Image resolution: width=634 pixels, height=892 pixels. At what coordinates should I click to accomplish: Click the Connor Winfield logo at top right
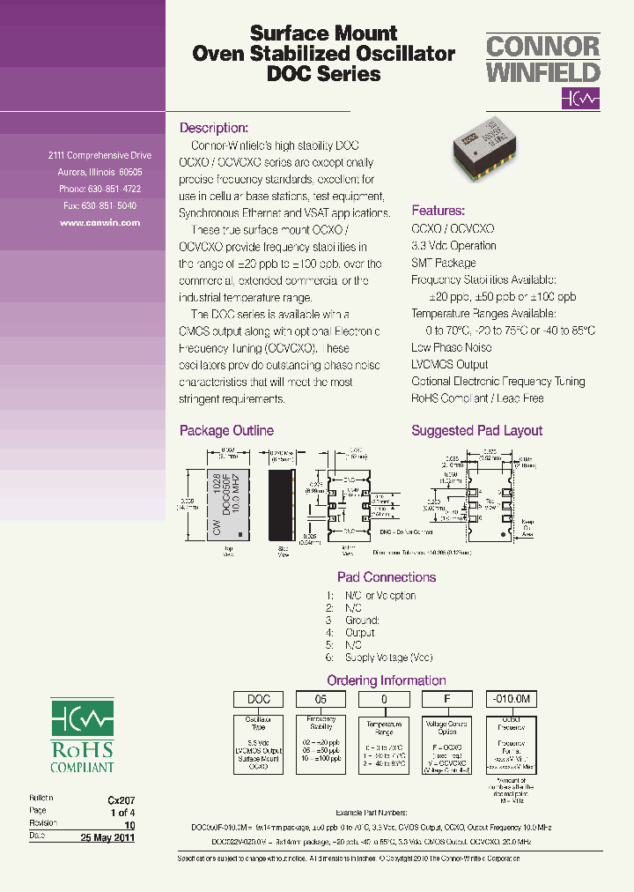[x=542, y=71]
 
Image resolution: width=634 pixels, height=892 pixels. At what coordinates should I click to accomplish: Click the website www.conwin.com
[x=100, y=223]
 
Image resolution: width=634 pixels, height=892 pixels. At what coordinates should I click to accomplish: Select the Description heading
[x=214, y=127]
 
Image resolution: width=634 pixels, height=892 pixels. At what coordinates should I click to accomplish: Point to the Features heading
[x=438, y=211]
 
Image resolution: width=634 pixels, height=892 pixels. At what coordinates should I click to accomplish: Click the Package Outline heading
[x=226, y=431]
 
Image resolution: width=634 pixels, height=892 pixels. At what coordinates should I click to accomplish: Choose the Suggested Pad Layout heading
[x=476, y=431]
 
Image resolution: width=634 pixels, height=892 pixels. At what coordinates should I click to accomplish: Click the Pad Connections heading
[x=387, y=577]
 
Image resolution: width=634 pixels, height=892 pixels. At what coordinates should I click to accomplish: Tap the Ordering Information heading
[x=387, y=680]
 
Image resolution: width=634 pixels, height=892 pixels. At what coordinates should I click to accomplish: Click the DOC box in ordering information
[x=258, y=699]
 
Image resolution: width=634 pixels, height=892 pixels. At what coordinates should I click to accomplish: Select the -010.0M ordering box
[x=511, y=699]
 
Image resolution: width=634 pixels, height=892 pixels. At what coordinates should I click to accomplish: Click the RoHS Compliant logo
[x=82, y=736]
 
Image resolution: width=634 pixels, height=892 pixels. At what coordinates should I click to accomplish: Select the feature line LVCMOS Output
[x=449, y=364]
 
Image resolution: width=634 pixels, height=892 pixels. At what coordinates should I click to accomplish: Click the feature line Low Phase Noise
[x=451, y=347]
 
